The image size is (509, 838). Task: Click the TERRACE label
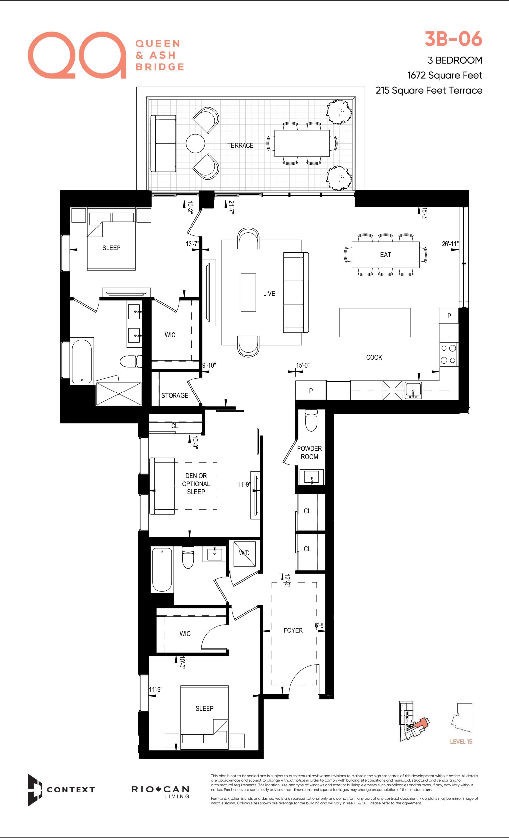coord(240,146)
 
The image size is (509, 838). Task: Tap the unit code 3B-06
coord(453,39)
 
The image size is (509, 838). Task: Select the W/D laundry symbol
coord(244,553)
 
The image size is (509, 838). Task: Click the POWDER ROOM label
coord(309,453)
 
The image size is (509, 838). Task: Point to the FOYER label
coord(293,630)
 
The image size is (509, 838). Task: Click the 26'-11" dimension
coord(450,244)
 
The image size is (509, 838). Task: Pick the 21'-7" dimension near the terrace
coord(231,207)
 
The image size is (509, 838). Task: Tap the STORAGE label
coord(175,395)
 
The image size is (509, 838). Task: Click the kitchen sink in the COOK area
coord(413,390)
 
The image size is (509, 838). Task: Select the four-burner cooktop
coord(448,355)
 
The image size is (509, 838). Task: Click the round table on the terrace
coord(195,143)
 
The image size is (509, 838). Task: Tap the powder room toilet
coord(311,420)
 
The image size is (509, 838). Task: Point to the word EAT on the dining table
coord(386,255)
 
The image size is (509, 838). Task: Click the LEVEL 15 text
coord(461,742)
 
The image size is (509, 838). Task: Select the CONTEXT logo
coord(61,790)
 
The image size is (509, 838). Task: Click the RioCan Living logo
coord(160,792)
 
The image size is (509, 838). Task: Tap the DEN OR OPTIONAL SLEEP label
coord(196,483)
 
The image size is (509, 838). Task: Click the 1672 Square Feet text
coord(445,75)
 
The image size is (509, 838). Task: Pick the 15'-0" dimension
coord(302,365)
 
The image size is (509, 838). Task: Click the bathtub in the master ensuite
coord(82,361)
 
